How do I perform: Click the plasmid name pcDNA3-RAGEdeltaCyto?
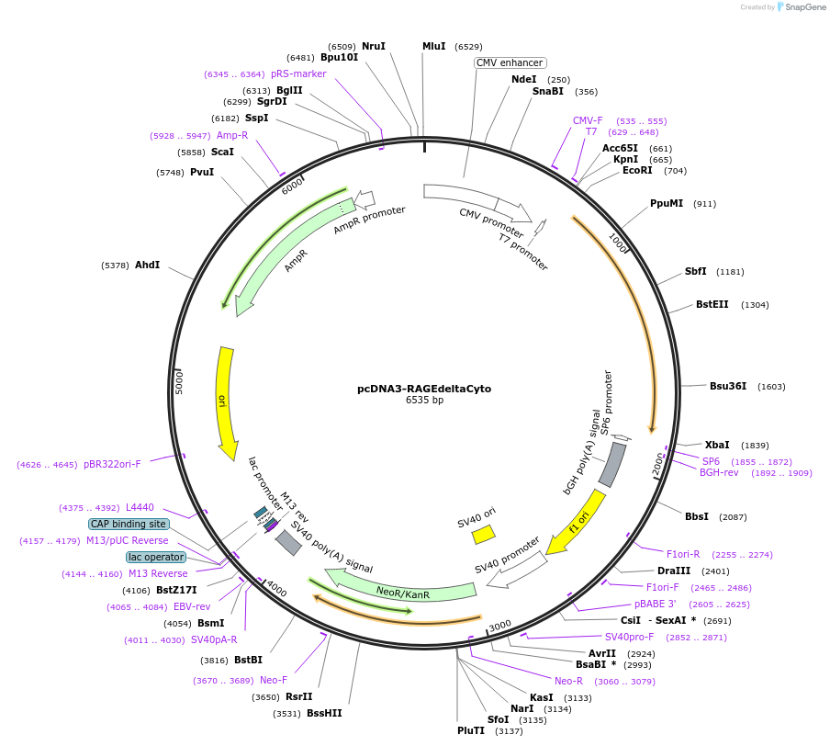[x=423, y=389]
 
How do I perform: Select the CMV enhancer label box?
[x=510, y=62]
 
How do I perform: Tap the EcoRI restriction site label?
[x=636, y=170]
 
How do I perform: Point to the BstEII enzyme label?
[x=712, y=304]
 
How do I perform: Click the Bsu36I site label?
[x=727, y=386]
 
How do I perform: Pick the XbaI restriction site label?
[x=717, y=445]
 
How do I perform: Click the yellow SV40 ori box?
[x=483, y=533]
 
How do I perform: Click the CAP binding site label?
[x=129, y=524]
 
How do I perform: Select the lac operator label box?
[x=156, y=557]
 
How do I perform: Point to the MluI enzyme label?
[x=433, y=46]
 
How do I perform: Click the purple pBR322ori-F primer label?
[x=112, y=464]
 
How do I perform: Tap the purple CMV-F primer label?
[x=588, y=120]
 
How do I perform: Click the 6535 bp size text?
[x=424, y=401]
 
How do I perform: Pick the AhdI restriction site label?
[x=147, y=265]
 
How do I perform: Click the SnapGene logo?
[x=801, y=7]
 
